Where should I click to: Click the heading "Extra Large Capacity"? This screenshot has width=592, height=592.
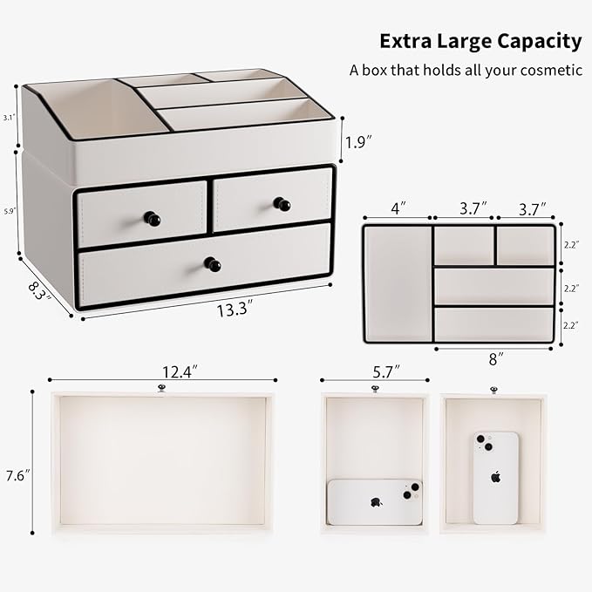point(480,41)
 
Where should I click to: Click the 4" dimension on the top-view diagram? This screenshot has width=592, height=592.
point(398,209)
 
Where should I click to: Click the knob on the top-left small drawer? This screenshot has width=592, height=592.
point(153,219)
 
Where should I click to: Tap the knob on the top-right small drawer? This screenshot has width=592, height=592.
point(281,204)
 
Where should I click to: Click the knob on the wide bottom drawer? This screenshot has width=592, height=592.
point(212,264)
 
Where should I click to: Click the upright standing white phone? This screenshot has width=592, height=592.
point(495,477)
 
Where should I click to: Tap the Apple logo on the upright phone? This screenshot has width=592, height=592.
point(495,477)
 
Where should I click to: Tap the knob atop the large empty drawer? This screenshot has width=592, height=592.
point(161,388)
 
